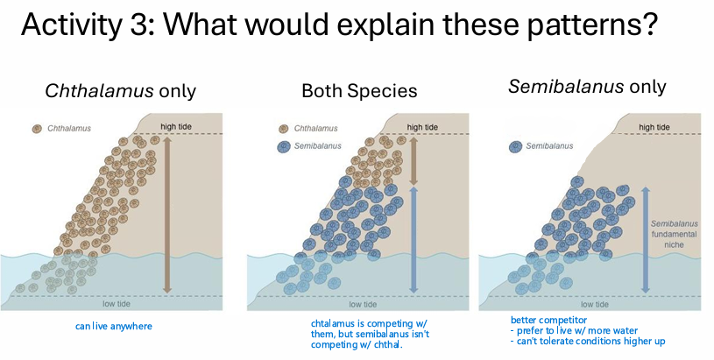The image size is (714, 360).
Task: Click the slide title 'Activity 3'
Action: click(x=86, y=25)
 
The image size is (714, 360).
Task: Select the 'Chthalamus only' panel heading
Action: click(x=121, y=91)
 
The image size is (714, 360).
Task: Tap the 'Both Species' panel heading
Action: click(x=359, y=91)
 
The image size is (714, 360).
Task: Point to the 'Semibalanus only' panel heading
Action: click(x=587, y=86)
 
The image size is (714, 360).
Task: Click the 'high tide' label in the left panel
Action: click(x=176, y=126)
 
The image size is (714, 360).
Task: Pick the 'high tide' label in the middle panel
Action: click(x=422, y=127)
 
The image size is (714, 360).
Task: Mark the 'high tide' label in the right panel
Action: click(x=654, y=127)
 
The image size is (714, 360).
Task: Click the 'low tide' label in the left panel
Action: click(x=117, y=304)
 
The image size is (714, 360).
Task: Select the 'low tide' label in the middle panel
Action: click(x=363, y=304)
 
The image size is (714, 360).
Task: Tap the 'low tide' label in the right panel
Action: click(x=595, y=304)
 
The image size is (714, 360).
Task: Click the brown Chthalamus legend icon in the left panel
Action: click(x=37, y=129)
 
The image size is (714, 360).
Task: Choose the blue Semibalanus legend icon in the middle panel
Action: click(x=284, y=146)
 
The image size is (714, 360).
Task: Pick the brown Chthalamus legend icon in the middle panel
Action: click(x=284, y=129)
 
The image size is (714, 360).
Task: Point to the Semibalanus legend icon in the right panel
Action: click(x=515, y=146)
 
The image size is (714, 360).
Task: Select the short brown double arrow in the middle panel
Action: click(x=414, y=161)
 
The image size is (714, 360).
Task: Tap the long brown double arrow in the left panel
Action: click(x=167, y=215)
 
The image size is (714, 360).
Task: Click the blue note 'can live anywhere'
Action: click(x=114, y=326)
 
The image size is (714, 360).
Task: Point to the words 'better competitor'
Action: click(x=548, y=320)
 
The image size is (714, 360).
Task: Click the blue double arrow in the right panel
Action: click(x=646, y=239)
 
